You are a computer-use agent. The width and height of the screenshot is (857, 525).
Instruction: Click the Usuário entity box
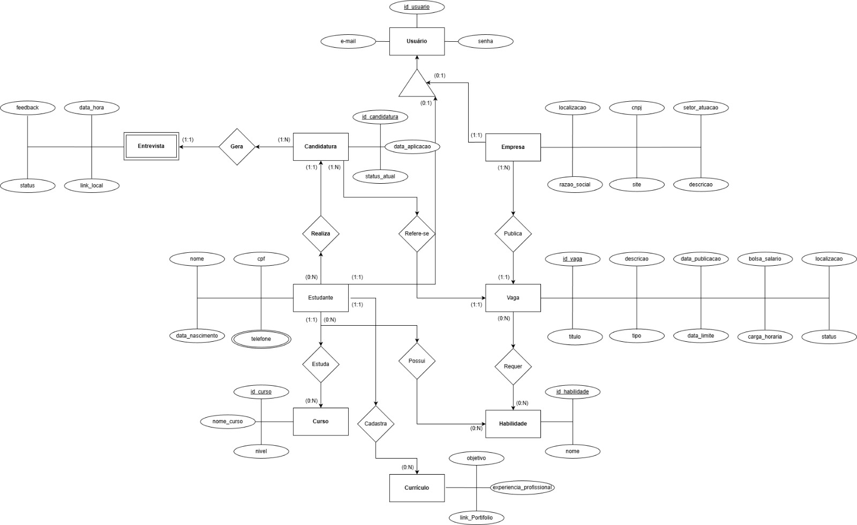click(417, 41)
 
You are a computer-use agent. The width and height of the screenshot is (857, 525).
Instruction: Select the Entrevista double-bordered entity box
click(151, 146)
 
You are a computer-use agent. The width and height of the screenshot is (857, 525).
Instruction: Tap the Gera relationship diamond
click(237, 146)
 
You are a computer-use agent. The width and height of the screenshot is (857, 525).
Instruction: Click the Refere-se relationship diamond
click(417, 234)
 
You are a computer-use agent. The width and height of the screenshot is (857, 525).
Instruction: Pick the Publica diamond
click(513, 234)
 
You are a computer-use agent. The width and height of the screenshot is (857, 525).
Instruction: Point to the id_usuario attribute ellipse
click(417, 7)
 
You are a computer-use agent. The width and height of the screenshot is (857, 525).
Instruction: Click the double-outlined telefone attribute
click(261, 339)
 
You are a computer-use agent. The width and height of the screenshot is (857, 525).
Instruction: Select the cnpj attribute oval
click(636, 108)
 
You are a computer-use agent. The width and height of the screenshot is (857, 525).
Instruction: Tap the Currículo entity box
click(417, 487)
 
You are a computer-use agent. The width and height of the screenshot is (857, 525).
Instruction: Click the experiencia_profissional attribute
click(523, 487)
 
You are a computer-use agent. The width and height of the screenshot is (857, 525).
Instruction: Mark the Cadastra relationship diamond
click(375, 423)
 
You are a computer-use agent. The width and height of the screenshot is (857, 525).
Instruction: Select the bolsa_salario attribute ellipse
click(765, 259)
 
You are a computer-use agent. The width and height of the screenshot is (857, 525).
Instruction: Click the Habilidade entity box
click(513, 424)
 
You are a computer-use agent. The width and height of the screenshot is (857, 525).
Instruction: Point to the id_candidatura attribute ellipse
click(380, 117)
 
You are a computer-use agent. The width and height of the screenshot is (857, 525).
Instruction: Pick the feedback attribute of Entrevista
click(27, 108)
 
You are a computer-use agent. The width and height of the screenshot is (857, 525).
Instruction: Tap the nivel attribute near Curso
click(261, 451)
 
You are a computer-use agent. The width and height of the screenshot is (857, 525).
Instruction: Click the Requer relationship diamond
click(513, 366)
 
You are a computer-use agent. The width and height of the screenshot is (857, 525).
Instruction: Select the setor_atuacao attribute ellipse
click(701, 108)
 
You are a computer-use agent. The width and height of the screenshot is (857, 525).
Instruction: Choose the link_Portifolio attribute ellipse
click(476, 517)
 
